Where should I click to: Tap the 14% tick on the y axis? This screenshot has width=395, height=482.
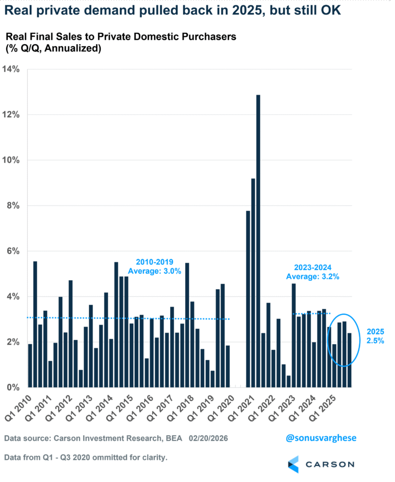(x=11, y=68)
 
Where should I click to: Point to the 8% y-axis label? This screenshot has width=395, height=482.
(x=13, y=205)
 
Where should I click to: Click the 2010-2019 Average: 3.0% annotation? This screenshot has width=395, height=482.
(x=154, y=266)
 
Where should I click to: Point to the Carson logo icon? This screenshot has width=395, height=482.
(x=293, y=463)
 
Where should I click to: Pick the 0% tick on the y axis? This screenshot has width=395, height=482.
(x=13, y=387)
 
